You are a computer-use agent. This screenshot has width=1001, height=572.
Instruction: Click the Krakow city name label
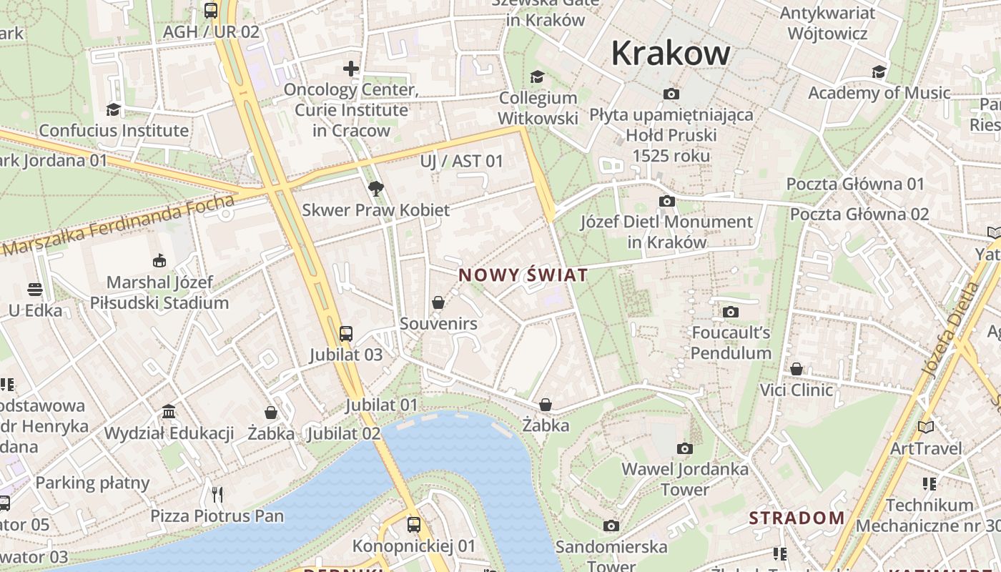click(x=670, y=54)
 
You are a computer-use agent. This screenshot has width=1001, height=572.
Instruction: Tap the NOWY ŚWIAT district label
click(x=523, y=275)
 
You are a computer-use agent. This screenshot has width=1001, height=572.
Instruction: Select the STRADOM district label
click(x=797, y=518)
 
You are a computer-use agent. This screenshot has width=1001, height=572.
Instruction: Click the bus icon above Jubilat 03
click(x=346, y=333)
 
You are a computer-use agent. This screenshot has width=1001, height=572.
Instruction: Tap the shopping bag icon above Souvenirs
click(x=438, y=302)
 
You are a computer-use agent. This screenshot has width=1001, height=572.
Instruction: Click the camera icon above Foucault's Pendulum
click(x=730, y=312)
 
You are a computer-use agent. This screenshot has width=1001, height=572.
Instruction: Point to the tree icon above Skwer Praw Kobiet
click(x=375, y=189)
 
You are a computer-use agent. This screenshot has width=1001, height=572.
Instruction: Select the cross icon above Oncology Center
click(x=350, y=69)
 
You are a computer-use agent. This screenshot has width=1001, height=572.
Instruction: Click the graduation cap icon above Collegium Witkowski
click(x=537, y=77)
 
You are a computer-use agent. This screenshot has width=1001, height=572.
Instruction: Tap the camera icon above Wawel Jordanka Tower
click(x=684, y=448)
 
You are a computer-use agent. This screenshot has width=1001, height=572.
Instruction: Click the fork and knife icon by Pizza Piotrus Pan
click(x=217, y=494)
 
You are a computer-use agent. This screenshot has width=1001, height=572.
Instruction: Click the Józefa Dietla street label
click(x=950, y=330)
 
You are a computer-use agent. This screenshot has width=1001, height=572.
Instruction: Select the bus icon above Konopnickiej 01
click(x=413, y=525)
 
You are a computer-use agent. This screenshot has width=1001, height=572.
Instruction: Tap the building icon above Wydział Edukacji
click(x=169, y=412)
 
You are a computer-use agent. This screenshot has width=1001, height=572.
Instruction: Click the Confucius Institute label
click(x=114, y=131)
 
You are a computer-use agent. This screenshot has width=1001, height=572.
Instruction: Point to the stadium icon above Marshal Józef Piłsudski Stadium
click(x=159, y=261)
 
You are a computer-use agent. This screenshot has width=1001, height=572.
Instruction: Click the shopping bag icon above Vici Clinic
click(x=796, y=369)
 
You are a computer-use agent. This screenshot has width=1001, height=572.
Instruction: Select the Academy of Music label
click(x=879, y=93)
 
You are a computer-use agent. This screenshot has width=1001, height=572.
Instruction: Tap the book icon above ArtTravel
click(x=926, y=427)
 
